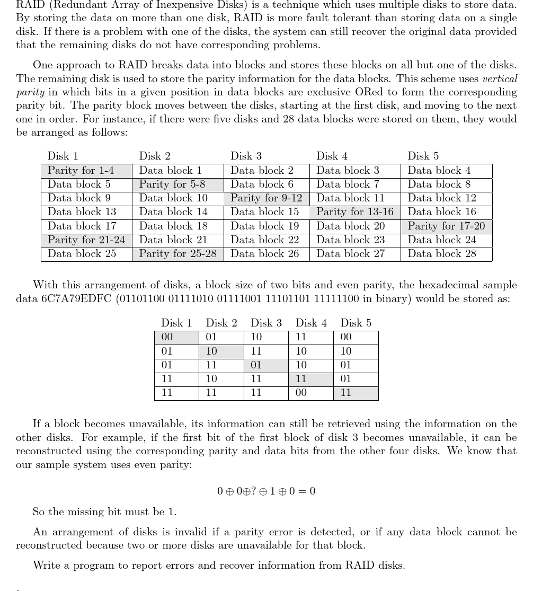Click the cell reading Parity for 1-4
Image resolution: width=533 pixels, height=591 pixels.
pos(86,171)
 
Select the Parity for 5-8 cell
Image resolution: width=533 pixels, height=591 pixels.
pos(177,184)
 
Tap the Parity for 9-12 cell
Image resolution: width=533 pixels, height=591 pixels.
pos(266,198)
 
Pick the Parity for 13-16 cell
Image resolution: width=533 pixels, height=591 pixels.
pos(355,212)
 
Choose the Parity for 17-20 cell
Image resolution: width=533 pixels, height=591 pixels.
pos(446,226)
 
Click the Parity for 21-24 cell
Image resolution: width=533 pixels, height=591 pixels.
pos(86,240)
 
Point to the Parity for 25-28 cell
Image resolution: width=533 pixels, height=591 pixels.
pos(177,254)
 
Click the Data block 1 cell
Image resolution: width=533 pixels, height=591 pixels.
pos(177,171)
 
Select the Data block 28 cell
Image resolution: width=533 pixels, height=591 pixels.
pos(446,254)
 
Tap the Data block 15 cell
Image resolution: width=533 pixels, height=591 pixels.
pos(266,212)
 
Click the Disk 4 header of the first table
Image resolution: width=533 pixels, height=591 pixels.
pos(332,156)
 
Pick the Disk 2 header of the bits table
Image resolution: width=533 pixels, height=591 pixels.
pos(221,323)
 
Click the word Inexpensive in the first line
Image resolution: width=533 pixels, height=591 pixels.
pos(183,5)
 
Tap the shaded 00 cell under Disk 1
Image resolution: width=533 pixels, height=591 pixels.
pos(176,337)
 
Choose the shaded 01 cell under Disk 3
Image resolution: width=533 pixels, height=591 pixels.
pos(266,365)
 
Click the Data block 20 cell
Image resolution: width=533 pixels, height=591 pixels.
pos(355,226)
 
